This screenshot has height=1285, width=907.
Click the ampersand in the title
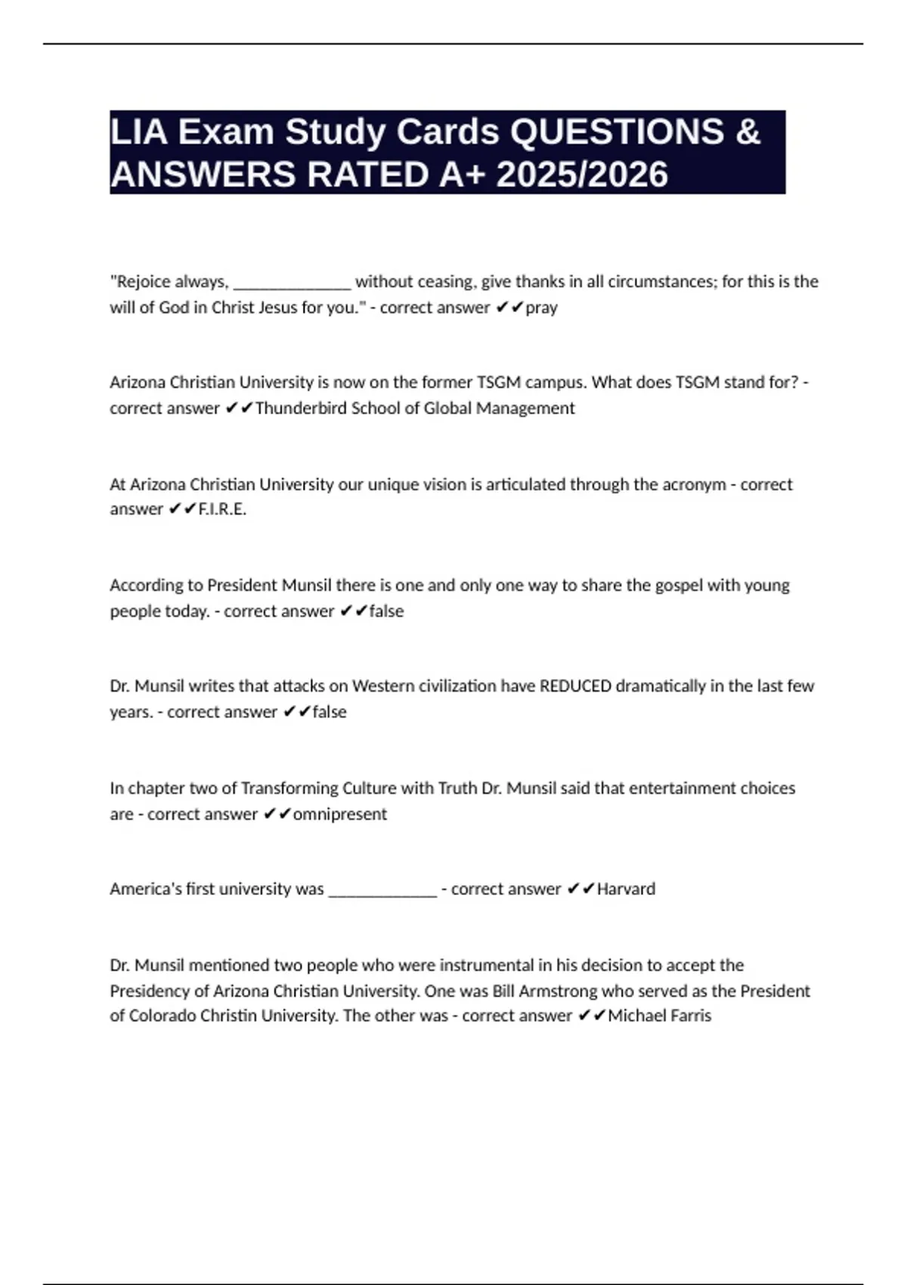click(747, 132)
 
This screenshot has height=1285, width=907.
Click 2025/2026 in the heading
click(582, 175)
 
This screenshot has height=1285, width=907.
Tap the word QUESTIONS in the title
click(617, 132)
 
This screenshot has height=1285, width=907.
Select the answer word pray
click(541, 308)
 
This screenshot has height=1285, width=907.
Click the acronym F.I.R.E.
click(222, 509)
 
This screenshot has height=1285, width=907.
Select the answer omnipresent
click(339, 814)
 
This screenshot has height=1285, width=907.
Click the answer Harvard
click(626, 889)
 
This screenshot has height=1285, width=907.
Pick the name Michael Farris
click(659, 1016)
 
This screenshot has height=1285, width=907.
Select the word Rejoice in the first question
click(142, 282)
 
